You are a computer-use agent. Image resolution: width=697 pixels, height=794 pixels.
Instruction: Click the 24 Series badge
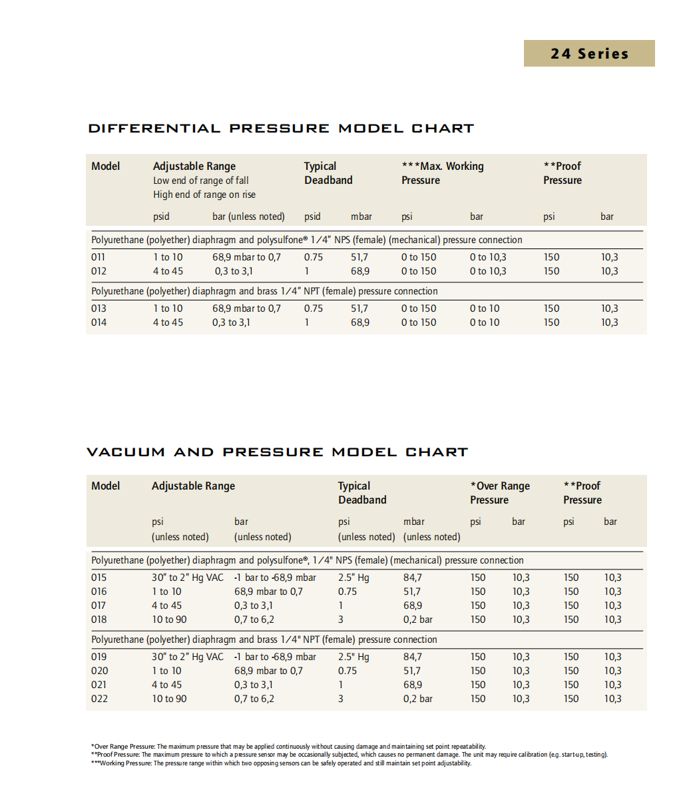[589, 54]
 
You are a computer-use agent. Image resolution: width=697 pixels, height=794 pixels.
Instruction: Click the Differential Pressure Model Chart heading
[281, 129]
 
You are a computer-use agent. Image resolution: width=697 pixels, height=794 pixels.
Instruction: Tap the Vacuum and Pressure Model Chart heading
[277, 452]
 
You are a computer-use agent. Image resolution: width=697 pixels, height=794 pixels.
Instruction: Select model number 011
[99, 257]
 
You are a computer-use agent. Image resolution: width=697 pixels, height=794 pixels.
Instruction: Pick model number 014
[99, 322]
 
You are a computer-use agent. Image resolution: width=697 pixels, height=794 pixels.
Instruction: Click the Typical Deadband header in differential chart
[328, 173]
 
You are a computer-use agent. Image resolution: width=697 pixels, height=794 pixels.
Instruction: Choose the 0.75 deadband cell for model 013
[314, 308]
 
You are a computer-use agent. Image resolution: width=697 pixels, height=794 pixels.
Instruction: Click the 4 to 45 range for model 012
[168, 271]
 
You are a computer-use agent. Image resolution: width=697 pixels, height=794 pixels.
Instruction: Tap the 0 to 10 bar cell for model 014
[485, 322]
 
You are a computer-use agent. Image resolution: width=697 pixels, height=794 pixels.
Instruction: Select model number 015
[99, 578]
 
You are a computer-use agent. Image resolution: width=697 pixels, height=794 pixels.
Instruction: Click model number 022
[99, 699]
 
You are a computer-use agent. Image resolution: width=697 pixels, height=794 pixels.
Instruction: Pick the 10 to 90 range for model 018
[169, 619]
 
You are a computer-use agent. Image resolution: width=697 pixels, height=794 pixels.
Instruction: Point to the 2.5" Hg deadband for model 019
[353, 657]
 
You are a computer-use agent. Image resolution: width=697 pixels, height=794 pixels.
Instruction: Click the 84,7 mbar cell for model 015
[413, 578]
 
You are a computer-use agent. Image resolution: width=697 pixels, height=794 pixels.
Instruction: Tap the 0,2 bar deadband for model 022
[418, 699]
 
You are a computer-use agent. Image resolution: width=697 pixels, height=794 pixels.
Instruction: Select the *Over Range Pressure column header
[500, 493]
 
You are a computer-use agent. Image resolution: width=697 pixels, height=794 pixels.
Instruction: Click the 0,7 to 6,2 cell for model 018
[254, 619]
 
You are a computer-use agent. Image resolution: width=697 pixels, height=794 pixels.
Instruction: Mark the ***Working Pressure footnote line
[281, 763]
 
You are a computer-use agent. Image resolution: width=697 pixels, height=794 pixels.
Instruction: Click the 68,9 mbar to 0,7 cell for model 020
[268, 671]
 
